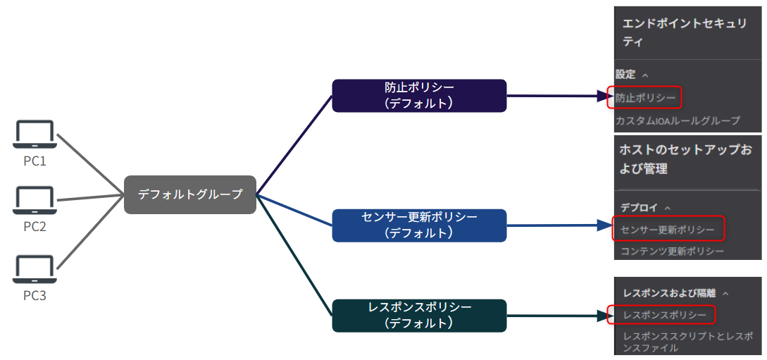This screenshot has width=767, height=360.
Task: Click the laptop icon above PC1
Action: pyautogui.click(x=35, y=135)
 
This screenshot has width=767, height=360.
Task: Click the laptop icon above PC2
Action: pyautogui.click(x=35, y=201)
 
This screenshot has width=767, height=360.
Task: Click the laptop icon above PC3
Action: pyautogui.click(x=35, y=270)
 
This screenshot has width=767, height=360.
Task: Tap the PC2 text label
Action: pyautogui.click(x=35, y=226)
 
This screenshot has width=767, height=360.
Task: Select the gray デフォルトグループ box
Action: pyautogui.click(x=189, y=194)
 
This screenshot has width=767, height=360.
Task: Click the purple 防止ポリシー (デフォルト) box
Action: pyautogui.click(x=419, y=95)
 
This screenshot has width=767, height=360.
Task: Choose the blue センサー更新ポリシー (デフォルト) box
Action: pyautogui.click(x=419, y=225)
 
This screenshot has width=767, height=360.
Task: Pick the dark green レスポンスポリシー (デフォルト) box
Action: pyautogui.click(x=419, y=315)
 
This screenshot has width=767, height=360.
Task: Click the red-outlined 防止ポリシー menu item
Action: pyautogui.click(x=644, y=97)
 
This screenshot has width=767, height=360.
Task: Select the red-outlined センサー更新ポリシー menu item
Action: pyautogui.click(x=666, y=229)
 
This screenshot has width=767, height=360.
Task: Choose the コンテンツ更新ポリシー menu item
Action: pyautogui.click(x=672, y=251)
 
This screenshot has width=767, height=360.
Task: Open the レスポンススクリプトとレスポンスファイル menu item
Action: pyautogui.click(x=687, y=342)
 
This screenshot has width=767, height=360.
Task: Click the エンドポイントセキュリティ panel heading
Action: pyautogui.click(x=684, y=32)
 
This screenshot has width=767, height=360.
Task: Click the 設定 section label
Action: pyautogui.click(x=626, y=74)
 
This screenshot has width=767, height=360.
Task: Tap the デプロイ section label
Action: pyautogui.click(x=640, y=207)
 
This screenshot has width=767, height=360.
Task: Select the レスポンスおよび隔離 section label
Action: pyautogui.click(x=669, y=292)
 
